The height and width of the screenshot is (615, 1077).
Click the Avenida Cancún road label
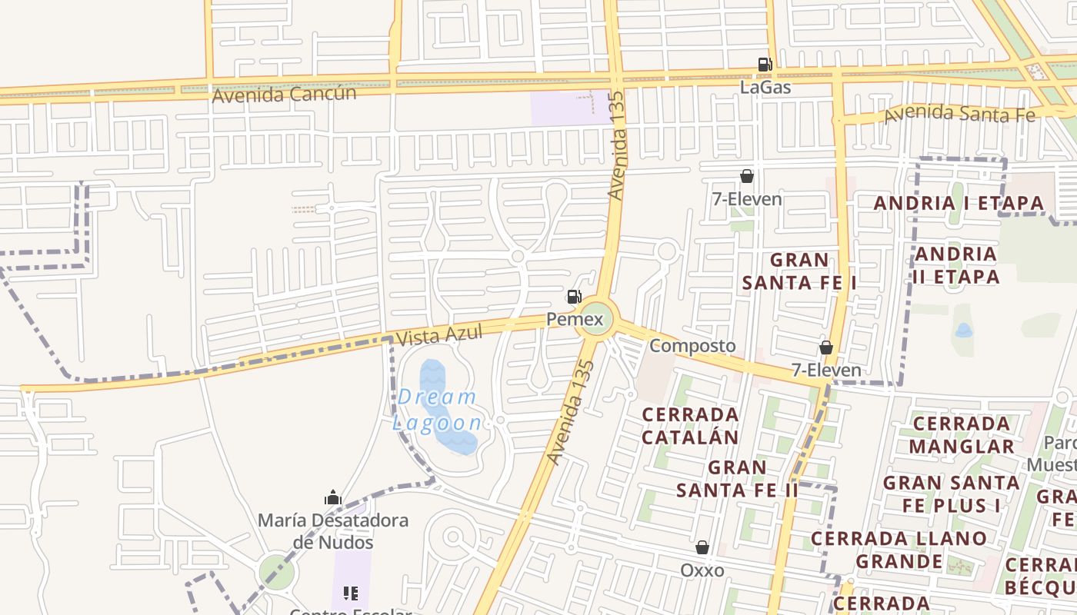click(x=284, y=95)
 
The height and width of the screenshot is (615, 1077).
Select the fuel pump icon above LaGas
click(x=765, y=65)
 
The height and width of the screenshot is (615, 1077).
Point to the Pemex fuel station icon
click(x=574, y=297)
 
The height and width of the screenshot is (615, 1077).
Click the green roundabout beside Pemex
click(x=597, y=318)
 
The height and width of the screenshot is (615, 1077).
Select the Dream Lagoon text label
click(x=437, y=410)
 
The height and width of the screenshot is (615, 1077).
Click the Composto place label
click(x=692, y=346)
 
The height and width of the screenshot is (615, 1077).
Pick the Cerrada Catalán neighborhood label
click(x=690, y=426)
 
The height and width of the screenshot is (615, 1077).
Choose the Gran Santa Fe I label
click(x=799, y=271)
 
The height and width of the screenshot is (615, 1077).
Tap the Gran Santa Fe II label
click(x=737, y=478)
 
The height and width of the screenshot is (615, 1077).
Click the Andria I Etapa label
click(x=959, y=204)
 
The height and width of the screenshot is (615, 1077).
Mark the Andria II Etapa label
click(x=957, y=265)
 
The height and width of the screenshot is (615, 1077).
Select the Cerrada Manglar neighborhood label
click(x=962, y=435)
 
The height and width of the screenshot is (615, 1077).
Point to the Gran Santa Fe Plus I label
click(x=951, y=494)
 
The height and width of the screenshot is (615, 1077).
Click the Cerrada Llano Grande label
click(x=899, y=550)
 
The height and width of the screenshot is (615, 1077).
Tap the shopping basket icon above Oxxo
click(x=702, y=547)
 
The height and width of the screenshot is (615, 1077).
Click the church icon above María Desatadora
click(x=333, y=497)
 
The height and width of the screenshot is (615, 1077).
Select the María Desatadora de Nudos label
click(x=333, y=531)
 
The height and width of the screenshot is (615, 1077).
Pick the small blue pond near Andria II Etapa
click(x=963, y=331)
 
